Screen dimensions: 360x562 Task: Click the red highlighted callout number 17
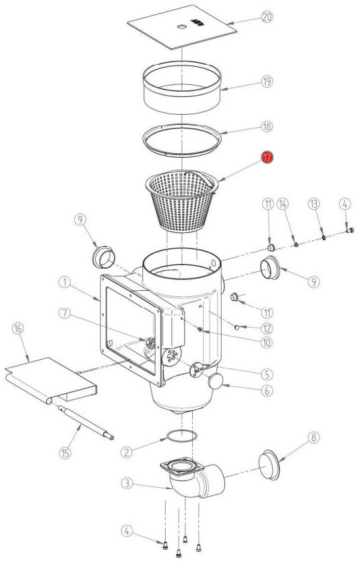267,157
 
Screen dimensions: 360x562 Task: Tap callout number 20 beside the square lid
267,17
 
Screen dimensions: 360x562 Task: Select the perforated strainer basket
182,200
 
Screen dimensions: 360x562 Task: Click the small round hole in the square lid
182,26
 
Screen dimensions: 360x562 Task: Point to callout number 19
267,82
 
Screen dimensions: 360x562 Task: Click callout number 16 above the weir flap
18,329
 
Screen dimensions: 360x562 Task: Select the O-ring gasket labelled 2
181,437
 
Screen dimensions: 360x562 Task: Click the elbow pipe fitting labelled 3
193,477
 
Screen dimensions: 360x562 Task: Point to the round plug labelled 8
270,464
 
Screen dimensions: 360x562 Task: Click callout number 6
266,391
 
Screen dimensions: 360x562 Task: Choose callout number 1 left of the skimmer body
65,283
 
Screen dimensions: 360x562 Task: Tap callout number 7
65,313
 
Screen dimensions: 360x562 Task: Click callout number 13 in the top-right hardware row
313,204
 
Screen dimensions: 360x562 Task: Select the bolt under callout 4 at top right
350,231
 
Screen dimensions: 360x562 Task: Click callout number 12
267,328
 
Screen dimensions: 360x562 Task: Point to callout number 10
266,342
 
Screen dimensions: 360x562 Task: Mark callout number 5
267,374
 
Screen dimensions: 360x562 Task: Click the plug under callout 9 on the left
104,256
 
